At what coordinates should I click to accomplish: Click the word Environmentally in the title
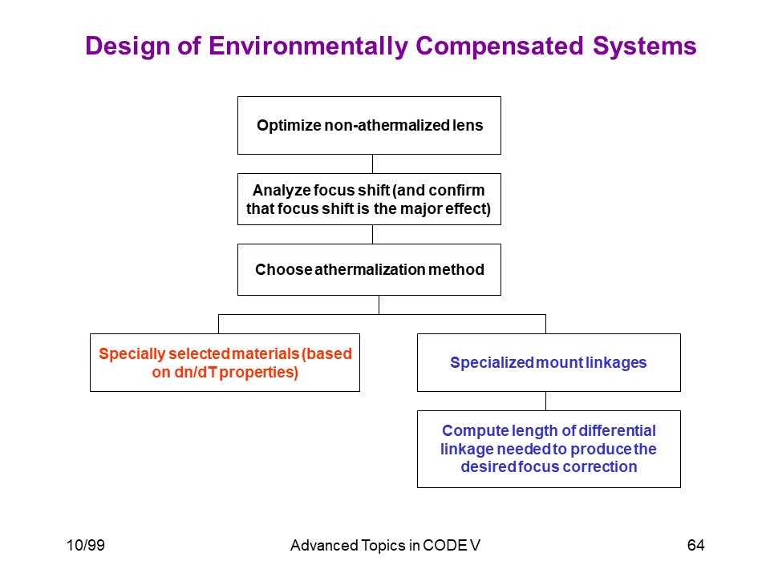tap(308, 46)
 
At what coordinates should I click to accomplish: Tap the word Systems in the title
tap(644, 46)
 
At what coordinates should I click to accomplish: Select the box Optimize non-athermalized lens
tap(369, 126)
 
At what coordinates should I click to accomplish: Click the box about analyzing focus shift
tap(369, 200)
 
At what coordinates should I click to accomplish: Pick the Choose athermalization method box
tap(369, 270)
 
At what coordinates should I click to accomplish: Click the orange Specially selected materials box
tap(225, 362)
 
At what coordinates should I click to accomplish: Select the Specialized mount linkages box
tap(549, 362)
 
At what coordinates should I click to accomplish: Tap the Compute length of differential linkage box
tap(549, 449)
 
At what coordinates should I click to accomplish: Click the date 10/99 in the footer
tap(86, 545)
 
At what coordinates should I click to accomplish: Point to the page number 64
tap(696, 545)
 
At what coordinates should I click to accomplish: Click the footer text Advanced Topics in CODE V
tap(385, 546)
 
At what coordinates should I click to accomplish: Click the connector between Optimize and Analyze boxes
tap(372, 163)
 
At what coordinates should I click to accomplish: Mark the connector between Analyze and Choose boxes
tap(372, 235)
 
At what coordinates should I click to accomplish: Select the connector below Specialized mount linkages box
tap(545, 401)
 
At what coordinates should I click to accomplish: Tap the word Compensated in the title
tap(500, 46)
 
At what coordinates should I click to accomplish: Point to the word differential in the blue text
tap(618, 430)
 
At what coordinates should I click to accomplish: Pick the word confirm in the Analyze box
tap(456, 190)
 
